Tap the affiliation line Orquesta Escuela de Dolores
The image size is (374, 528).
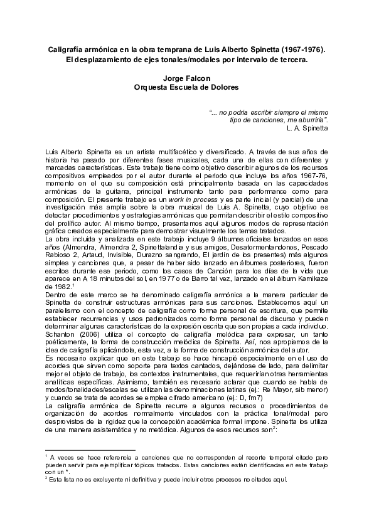tap(186, 88)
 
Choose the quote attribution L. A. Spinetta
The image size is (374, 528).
tap(306, 127)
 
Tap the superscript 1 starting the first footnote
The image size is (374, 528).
tap(47, 457)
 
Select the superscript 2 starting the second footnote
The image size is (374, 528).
tap(47, 477)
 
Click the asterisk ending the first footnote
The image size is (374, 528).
tap(68, 471)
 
